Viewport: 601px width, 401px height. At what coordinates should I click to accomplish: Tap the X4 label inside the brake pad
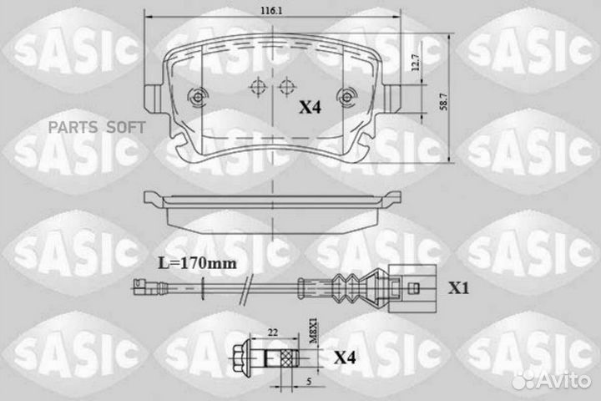pos(310,107)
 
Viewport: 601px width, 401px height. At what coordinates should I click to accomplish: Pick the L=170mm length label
pos(197,263)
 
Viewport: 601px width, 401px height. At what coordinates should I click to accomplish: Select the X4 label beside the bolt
pos(346,358)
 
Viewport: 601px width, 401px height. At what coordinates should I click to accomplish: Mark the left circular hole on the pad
pos(198,98)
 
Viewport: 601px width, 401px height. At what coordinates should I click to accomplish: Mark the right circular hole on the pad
pos(344,98)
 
